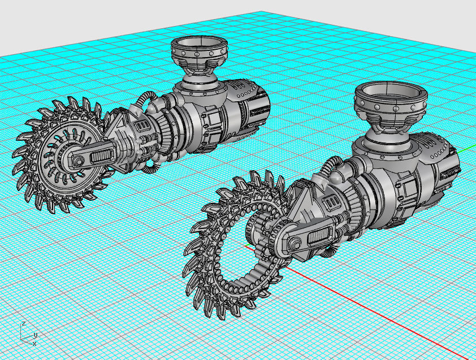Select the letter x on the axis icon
pyautogui.click(x=34, y=343)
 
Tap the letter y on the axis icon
pyautogui.click(x=35, y=335)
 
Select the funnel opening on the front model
pyautogui.click(x=391, y=90)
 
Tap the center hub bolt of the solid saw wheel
pyautogui.click(x=75, y=162)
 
